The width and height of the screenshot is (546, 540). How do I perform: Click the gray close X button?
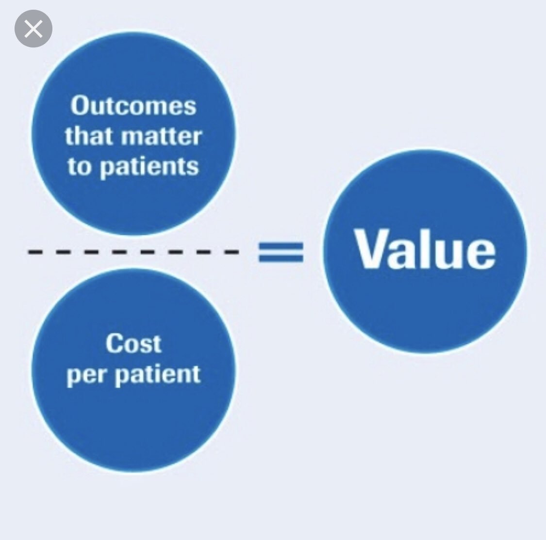tap(33, 29)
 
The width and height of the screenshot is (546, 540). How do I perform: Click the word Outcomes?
tap(133, 106)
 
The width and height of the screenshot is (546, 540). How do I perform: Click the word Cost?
tap(133, 344)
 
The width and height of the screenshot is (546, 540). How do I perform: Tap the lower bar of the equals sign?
tap(281, 258)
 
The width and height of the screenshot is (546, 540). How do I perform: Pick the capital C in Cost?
tap(114, 344)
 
